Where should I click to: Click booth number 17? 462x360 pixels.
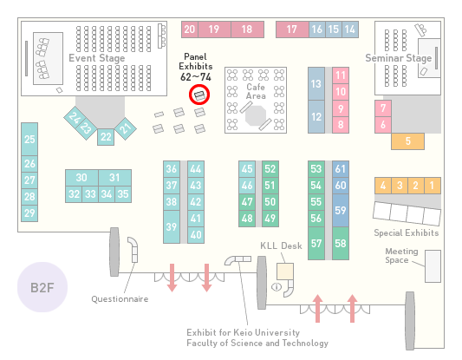point(292,29)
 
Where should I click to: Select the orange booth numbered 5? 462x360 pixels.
point(407,141)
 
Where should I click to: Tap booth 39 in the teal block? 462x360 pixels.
point(172,226)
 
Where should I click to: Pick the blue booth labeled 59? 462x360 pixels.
point(341,210)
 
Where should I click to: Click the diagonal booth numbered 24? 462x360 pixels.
point(75,118)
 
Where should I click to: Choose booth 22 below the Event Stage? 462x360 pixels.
point(106,137)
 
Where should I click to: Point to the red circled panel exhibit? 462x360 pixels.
point(199,95)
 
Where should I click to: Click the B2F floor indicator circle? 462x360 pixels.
point(42,287)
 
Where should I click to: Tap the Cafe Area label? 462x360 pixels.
point(256,91)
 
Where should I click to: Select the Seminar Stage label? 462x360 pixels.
point(399,58)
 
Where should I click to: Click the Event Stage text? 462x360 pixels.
point(97,58)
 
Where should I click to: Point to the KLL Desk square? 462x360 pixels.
point(285,272)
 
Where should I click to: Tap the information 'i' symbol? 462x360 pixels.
point(277,286)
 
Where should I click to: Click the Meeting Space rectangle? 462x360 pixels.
point(433,266)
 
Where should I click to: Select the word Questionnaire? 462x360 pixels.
point(120,299)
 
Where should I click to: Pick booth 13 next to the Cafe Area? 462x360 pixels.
point(316,84)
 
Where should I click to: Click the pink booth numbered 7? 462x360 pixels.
point(383,108)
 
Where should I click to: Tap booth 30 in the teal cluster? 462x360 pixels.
point(81,178)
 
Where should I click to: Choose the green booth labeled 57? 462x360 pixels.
point(316,243)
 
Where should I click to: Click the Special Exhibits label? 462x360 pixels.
point(407,233)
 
